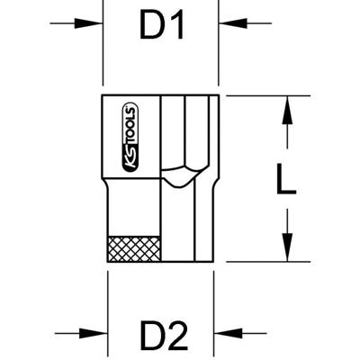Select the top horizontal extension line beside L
[261, 95]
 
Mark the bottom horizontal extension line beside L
[261, 262]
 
